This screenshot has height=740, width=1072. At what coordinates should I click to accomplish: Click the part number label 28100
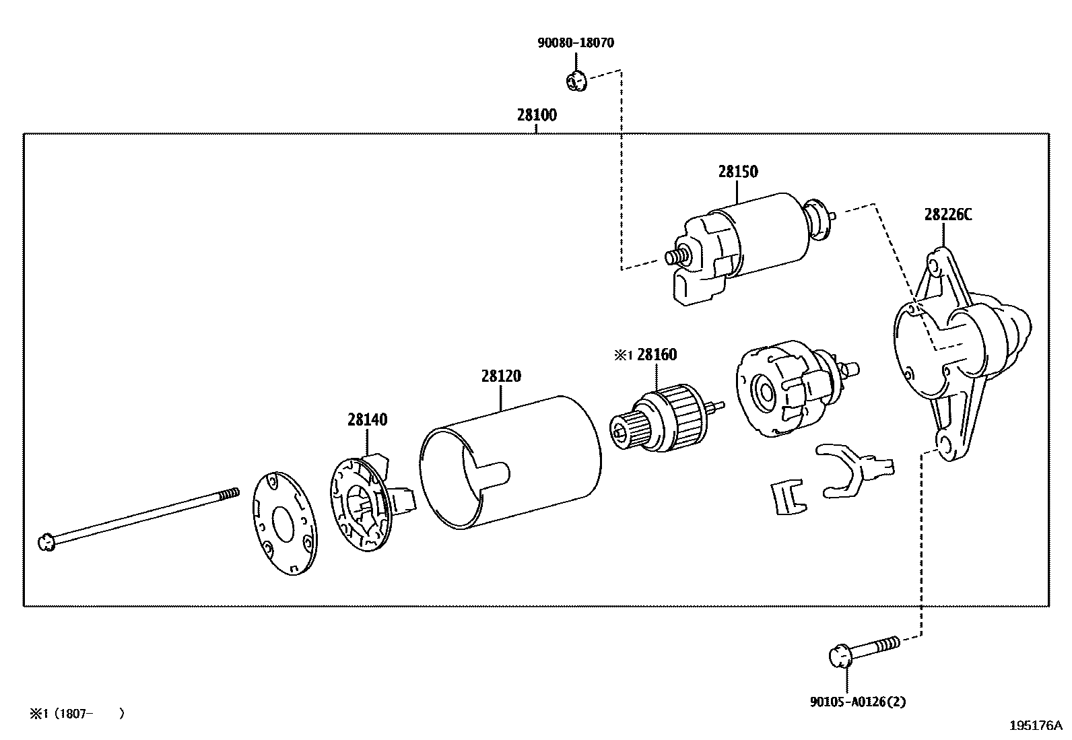tap(537, 115)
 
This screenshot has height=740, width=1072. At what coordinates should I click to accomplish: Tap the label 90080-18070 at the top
tap(576, 43)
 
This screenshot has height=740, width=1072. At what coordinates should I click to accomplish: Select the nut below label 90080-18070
tap(574, 82)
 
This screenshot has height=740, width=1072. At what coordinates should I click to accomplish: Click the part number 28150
tap(737, 172)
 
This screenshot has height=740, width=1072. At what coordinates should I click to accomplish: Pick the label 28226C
tap(948, 215)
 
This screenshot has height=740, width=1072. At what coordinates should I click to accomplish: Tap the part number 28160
tap(657, 355)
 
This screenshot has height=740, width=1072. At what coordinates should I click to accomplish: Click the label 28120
tap(501, 376)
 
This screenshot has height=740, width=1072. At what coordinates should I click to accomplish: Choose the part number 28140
tap(368, 420)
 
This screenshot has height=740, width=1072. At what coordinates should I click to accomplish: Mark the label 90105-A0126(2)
tap(857, 702)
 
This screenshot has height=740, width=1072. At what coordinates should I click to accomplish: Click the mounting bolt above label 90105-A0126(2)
tap(862, 649)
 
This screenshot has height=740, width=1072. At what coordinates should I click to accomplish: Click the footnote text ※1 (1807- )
tap(76, 713)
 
